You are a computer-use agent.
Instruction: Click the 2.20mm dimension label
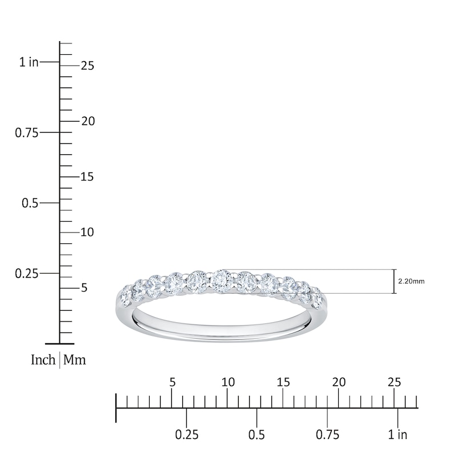click(x=411, y=282)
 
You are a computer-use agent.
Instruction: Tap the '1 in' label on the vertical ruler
click(x=29, y=62)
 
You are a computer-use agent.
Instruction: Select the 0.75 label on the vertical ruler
click(x=26, y=133)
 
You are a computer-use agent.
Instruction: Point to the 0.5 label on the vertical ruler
click(x=29, y=203)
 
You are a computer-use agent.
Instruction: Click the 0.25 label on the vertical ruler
click(x=26, y=274)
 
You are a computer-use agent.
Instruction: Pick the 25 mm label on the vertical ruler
click(x=87, y=66)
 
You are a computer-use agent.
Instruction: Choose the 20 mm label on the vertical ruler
click(x=87, y=121)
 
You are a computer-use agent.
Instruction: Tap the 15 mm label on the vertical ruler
click(x=87, y=177)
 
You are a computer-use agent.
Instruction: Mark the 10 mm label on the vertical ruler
click(x=87, y=232)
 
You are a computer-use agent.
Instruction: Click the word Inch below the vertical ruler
click(x=43, y=360)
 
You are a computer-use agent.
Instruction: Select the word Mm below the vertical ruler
click(x=74, y=360)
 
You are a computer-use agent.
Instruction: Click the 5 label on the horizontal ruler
click(x=173, y=382)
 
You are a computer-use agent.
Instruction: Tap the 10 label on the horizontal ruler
click(x=228, y=382)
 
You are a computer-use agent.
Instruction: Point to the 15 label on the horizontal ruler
click(x=283, y=382)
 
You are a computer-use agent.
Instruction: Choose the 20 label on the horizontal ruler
click(x=339, y=382)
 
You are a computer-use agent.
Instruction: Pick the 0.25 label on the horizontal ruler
click(x=187, y=435)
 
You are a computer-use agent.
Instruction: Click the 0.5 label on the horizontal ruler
click(x=257, y=435)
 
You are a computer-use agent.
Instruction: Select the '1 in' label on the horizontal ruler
click(x=398, y=435)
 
